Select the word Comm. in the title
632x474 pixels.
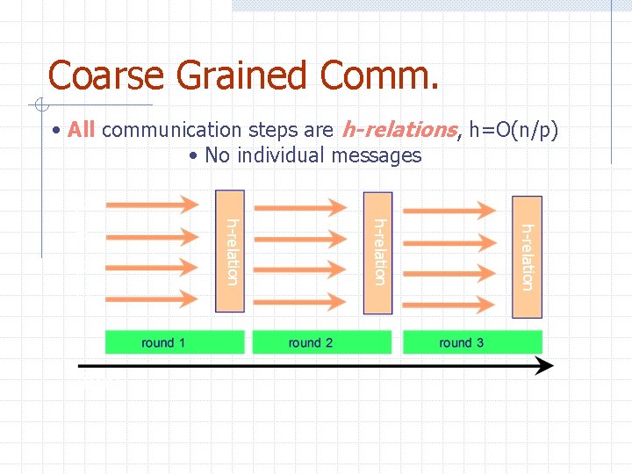coord(379,75)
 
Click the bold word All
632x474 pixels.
coord(81,131)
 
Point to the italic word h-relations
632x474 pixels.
coord(399,131)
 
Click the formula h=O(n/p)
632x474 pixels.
coord(513,131)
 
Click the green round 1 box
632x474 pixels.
coord(174,342)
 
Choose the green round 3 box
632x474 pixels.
coord(472,342)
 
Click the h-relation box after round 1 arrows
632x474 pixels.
coord(231,251)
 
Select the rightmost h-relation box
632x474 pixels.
coord(527,256)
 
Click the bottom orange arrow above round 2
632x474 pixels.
coord(300,302)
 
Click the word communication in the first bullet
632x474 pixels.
coord(171,131)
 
